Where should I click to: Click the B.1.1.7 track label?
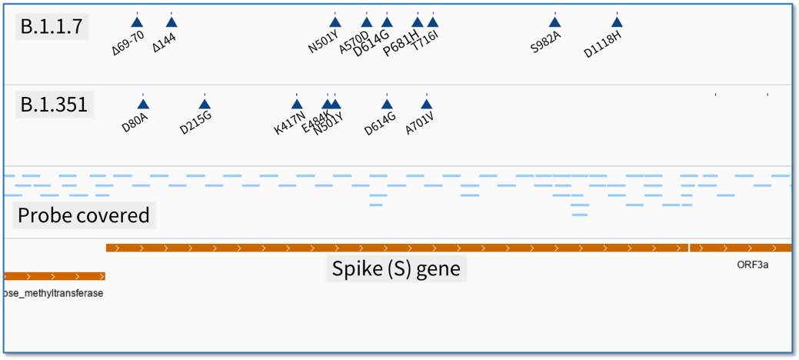tap(51, 27)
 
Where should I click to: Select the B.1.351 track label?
tap(54, 104)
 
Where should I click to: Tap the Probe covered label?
tap(83, 215)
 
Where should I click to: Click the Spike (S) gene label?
tap(396, 268)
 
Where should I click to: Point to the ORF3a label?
tap(752, 265)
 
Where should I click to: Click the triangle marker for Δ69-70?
tap(137, 22)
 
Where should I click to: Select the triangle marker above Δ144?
tap(171, 22)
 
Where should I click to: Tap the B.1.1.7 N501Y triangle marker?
tap(335, 22)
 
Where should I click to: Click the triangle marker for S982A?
tap(554, 22)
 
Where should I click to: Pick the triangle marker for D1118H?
tap(617, 22)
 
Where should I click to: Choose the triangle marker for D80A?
tap(143, 105)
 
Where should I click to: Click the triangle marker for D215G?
tap(205, 105)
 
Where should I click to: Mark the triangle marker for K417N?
tap(297, 105)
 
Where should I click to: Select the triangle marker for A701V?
tap(426, 105)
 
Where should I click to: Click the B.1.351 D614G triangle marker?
tap(387, 105)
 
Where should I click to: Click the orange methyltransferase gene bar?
tap(54, 276)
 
